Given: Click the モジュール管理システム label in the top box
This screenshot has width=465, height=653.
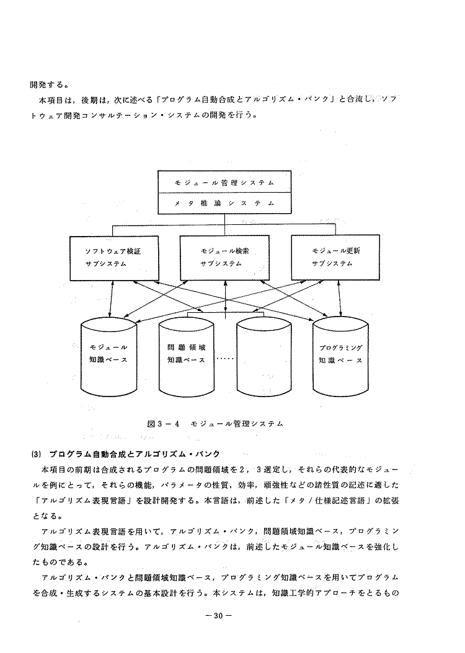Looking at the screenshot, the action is coord(224,183).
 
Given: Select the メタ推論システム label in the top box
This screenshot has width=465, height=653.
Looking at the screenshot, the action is coord(224,203).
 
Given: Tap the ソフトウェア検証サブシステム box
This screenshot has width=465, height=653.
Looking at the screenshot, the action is coord(114,258).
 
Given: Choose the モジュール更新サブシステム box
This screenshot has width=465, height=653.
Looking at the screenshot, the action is coord(335,257).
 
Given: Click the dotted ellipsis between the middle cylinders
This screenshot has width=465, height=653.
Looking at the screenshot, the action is coord(226,358).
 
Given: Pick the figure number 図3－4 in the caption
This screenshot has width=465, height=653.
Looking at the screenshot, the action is coord(163,424).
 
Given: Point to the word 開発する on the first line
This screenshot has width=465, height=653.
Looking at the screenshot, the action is coord(48,85).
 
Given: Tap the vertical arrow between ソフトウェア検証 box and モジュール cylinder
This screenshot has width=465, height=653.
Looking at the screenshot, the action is coord(111,299).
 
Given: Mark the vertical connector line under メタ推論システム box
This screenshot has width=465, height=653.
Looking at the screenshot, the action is coord(224,224).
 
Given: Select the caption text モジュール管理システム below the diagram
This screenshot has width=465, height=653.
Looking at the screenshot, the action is coord(237,424).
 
